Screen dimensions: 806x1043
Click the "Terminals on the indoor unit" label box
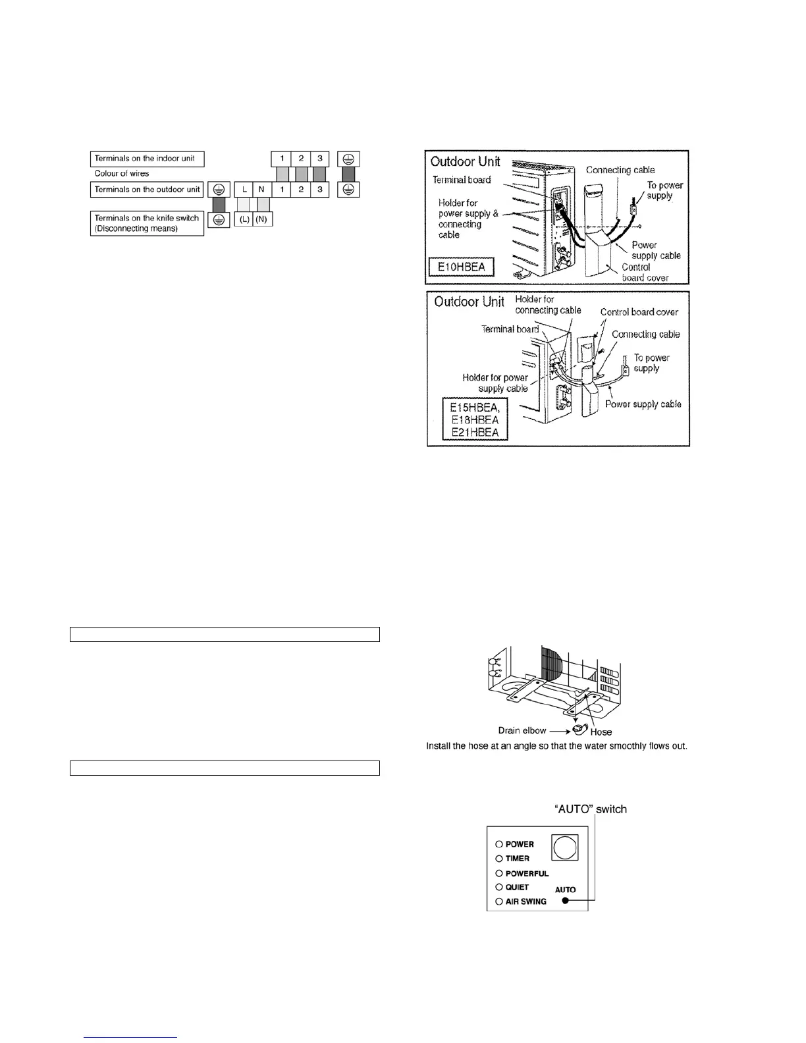coord(147,159)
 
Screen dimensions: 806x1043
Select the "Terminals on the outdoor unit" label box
coord(147,190)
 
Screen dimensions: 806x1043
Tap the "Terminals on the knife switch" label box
coord(147,223)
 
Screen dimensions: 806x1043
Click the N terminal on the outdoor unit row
coord(261,190)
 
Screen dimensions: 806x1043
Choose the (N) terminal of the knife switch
coord(262,219)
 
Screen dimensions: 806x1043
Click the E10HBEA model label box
coord(461,267)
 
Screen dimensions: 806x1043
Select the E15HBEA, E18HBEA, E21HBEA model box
coord(474,419)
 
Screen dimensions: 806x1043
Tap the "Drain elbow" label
coord(522,730)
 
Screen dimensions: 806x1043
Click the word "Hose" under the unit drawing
coord(601,732)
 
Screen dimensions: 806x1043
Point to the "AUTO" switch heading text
coord(591,809)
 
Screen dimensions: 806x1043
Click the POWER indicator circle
coord(499,844)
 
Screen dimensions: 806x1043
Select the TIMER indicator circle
coord(499,859)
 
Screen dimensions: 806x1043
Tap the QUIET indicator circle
coord(499,887)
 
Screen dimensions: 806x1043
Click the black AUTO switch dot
coord(565,901)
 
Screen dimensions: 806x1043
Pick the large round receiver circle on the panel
coord(565,847)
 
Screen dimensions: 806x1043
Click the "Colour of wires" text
coord(122,174)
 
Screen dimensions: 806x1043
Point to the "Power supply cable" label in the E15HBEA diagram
coord(643,404)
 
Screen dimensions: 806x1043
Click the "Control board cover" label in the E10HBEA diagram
coord(645,273)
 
